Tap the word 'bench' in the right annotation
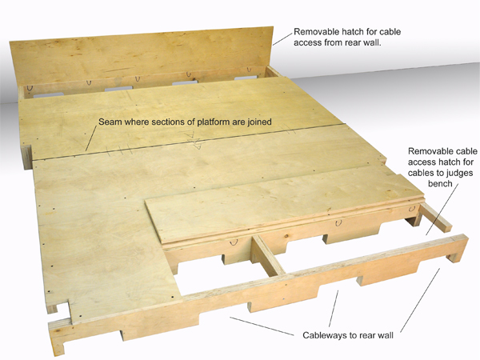coord(440,184)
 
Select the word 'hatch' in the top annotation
coord(366,31)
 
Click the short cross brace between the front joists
coord(269,255)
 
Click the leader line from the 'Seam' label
coord(91,138)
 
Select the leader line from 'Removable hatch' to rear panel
coord(282,38)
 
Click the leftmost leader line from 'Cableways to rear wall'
coord(262,326)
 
